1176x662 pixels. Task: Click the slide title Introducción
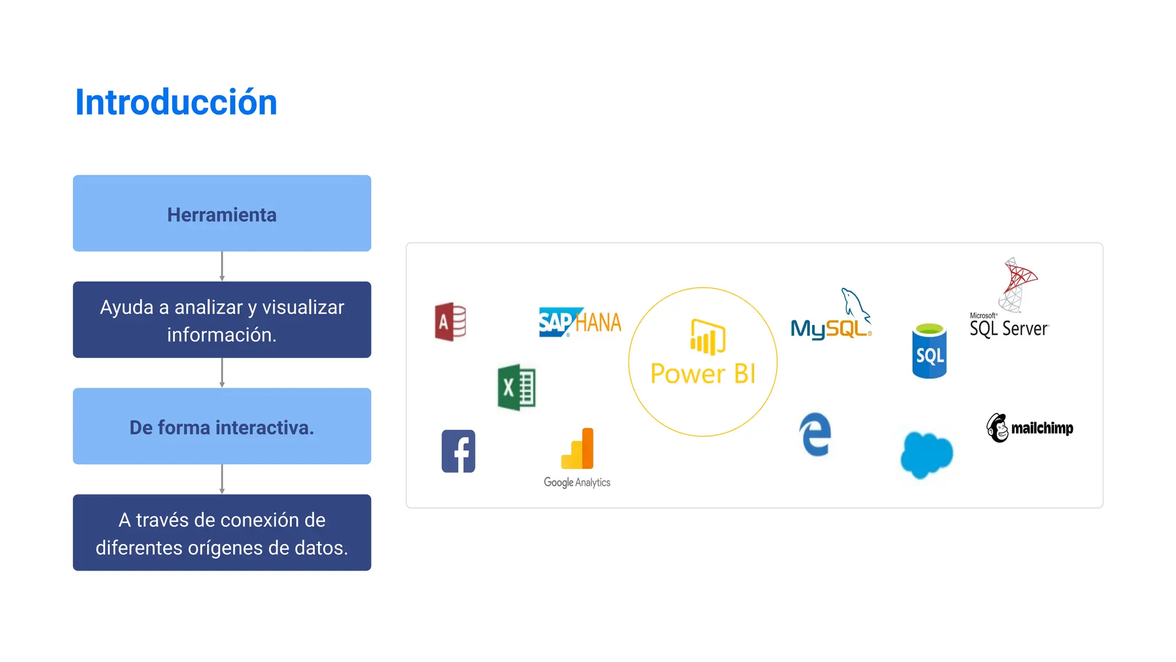tap(176, 102)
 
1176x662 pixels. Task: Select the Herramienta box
tap(222, 213)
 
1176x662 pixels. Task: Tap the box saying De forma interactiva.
tap(222, 426)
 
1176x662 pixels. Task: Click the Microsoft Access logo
tap(450, 322)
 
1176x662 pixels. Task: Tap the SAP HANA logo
tap(580, 322)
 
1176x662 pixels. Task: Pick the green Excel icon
tap(516, 387)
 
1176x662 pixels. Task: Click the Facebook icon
tap(458, 451)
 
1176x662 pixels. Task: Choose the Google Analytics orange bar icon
tap(578, 449)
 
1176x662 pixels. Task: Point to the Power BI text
tap(703, 374)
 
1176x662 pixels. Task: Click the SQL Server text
tap(1009, 329)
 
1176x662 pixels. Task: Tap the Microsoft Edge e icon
tap(815, 434)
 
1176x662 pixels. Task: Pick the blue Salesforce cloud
tap(926, 455)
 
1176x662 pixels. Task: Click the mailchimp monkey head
tap(998, 428)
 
